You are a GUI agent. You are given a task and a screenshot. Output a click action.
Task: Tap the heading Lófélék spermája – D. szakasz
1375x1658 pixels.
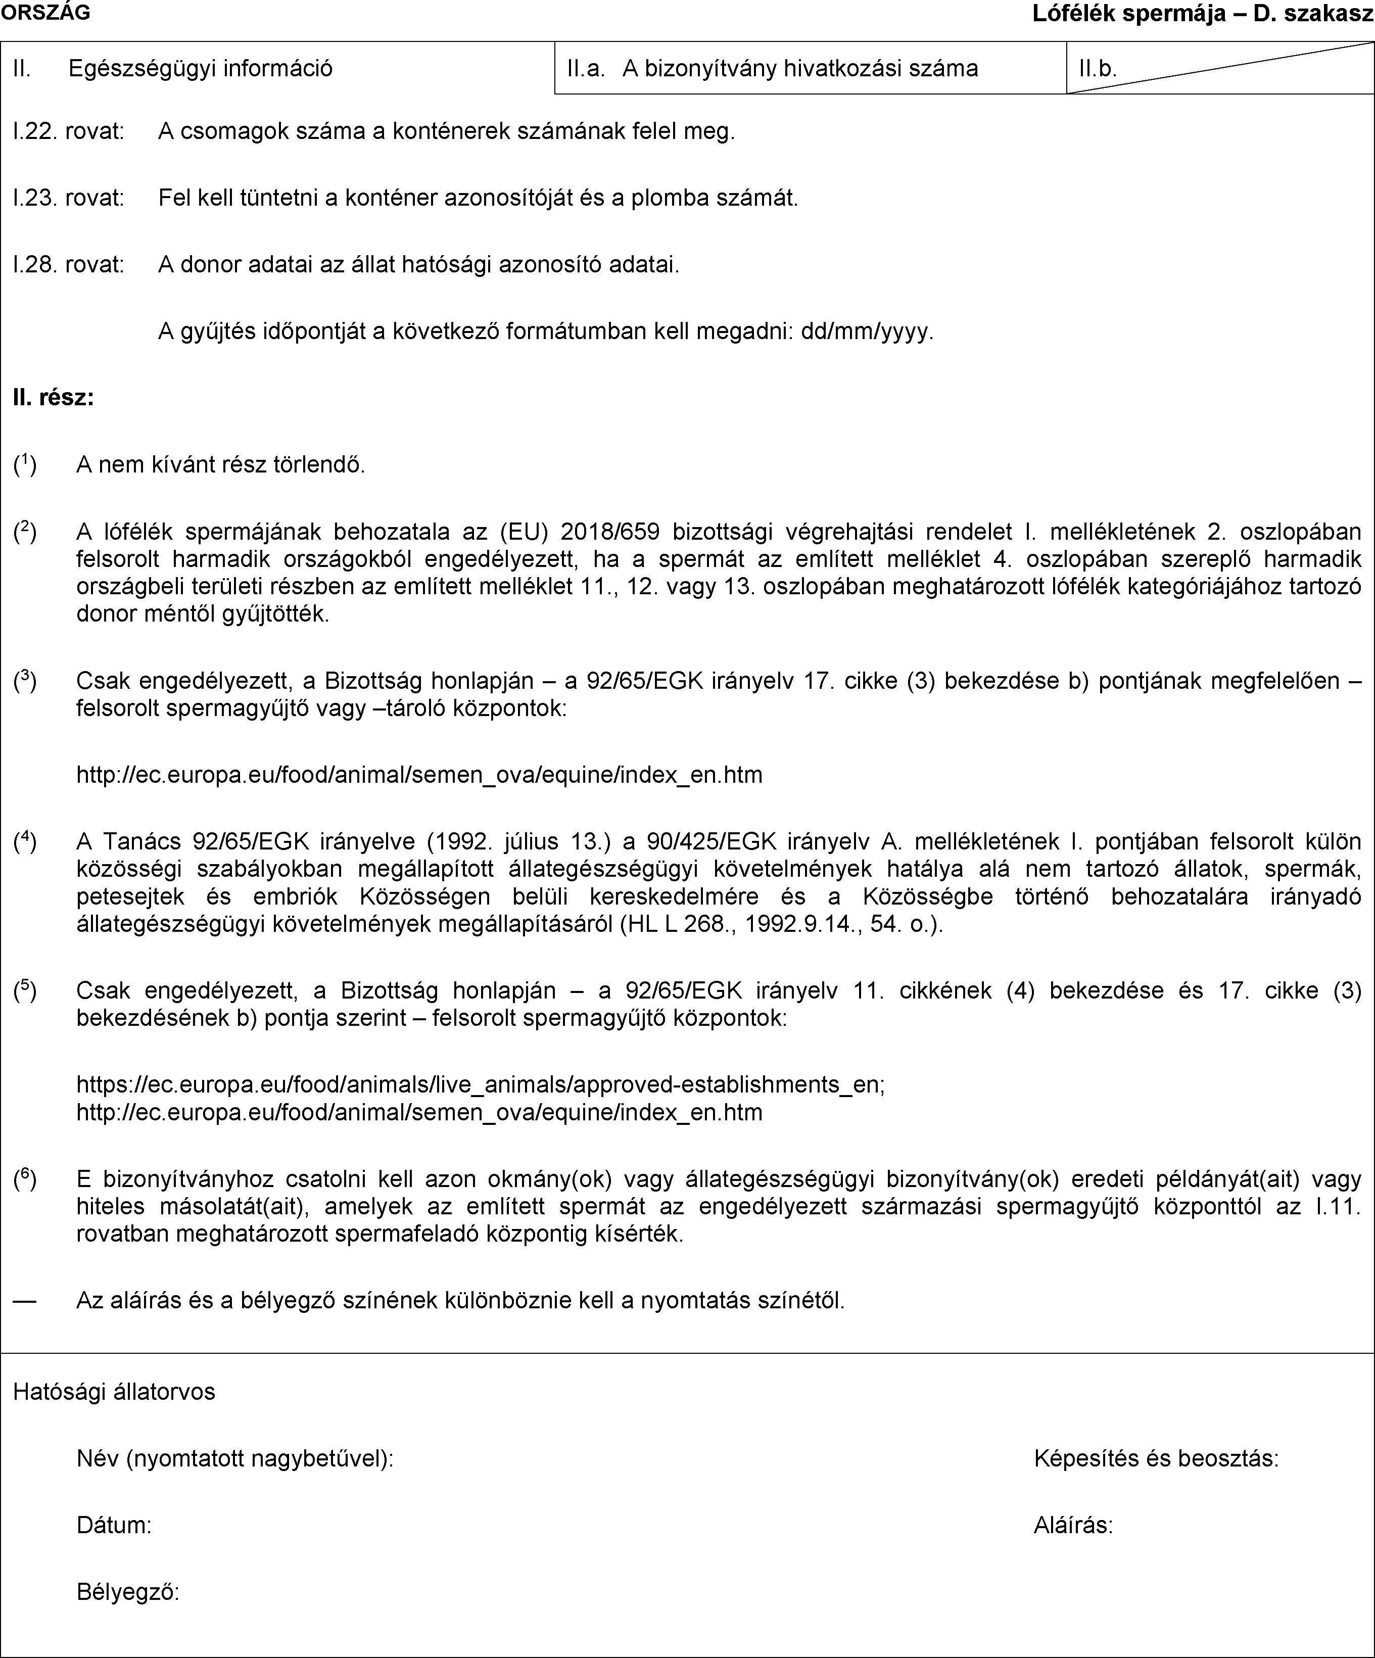point(1203,14)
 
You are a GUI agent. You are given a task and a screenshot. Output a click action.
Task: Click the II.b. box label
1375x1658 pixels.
point(1097,69)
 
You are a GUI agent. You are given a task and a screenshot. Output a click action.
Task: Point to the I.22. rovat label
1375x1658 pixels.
point(69,131)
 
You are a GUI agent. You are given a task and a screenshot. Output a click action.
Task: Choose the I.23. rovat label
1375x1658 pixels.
point(69,198)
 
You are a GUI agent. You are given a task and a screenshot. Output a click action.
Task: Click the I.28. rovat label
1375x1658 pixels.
point(69,264)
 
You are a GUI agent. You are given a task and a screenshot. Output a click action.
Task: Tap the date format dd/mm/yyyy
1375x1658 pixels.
point(867,331)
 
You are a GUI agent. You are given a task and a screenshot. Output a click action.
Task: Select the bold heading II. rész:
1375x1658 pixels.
point(54,398)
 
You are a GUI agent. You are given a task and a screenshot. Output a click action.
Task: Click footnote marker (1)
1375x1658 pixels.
point(24,464)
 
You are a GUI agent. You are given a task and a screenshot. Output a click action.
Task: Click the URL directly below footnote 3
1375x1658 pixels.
point(419,775)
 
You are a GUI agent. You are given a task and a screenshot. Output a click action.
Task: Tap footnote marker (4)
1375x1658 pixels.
point(24,841)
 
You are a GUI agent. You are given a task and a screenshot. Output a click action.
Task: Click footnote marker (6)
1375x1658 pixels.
point(24,1179)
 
